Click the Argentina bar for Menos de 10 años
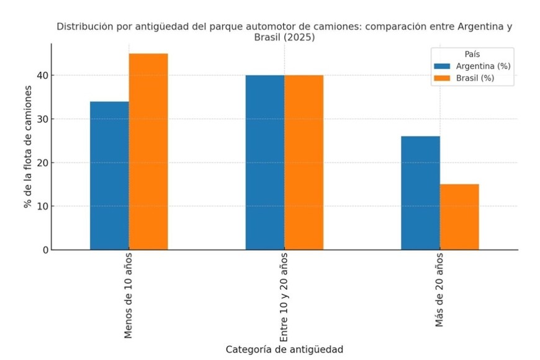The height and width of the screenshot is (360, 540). [x=109, y=176]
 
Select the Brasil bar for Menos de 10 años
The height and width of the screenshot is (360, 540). [x=148, y=151]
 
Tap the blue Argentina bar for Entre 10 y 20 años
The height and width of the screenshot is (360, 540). [x=265, y=163]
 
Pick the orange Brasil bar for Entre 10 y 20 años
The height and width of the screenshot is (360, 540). [x=304, y=163]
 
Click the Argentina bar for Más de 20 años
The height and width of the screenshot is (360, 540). [x=420, y=193]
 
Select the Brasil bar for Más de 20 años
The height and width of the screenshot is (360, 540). [x=459, y=217]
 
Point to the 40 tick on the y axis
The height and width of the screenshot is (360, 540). [x=40, y=76]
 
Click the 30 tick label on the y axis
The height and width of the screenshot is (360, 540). [x=40, y=119]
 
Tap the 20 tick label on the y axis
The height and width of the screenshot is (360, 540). [x=40, y=163]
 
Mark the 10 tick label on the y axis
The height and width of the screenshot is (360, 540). [x=40, y=206]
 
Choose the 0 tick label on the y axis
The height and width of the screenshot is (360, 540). [x=43, y=250]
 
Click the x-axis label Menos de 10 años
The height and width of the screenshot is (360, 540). [x=128, y=296]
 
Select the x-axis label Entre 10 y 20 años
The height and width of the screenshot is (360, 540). [x=284, y=297]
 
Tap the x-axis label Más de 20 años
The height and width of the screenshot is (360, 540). [x=439, y=290]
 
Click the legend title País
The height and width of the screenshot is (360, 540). [x=473, y=54]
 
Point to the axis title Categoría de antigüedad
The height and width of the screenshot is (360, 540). [x=284, y=349]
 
